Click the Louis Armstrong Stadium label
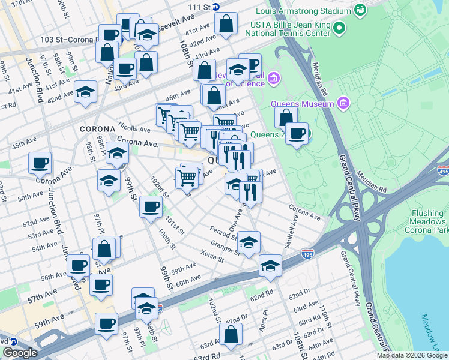(303, 11)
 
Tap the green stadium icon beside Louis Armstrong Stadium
(360, 10)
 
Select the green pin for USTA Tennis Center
(339, 28)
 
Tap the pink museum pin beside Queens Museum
(343, 104)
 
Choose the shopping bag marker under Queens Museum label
(286, 117)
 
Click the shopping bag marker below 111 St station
(227, 25)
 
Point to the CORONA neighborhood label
(97, 129)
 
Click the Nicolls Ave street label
(134, 128)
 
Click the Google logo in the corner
(20, 353)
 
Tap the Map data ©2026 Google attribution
(412, 355)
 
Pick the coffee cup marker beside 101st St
(150, 207)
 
